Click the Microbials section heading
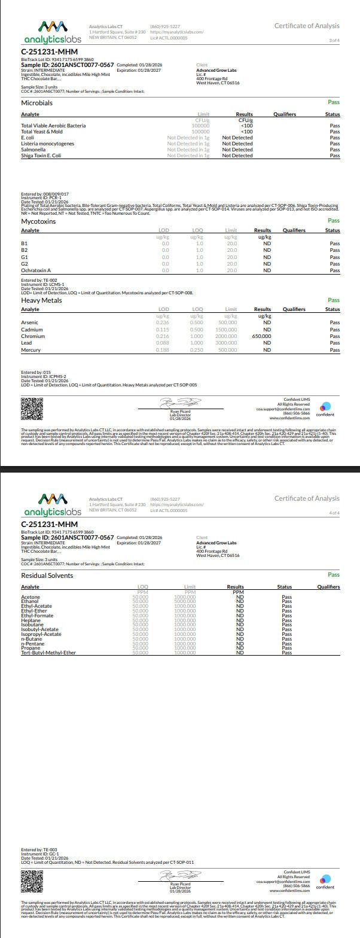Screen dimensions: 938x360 37,103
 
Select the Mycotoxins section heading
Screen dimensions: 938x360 38,221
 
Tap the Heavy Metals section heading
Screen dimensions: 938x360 41,300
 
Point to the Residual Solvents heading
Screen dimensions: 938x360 47,575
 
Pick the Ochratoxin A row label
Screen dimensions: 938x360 36,270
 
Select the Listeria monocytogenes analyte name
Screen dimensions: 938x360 48,144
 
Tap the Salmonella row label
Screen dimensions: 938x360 33,150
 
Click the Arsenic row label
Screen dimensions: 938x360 29,322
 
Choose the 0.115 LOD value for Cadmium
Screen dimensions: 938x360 162,330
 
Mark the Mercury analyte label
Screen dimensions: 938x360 30,350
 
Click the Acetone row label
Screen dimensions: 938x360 30,597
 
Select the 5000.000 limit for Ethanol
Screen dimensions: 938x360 185,601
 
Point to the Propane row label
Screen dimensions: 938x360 31,648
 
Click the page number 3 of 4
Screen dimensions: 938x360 334,40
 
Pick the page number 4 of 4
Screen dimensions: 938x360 334,513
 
